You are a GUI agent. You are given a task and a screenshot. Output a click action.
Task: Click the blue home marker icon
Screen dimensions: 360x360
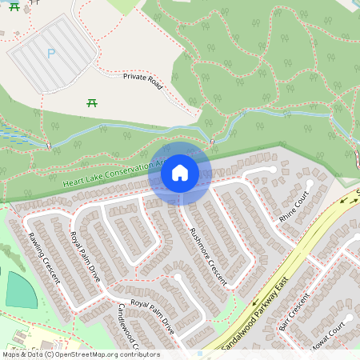[180, 172]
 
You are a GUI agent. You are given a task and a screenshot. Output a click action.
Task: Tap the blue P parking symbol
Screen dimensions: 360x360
[51, 54]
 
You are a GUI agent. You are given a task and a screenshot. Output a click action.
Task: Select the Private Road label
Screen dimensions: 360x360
[143, 81]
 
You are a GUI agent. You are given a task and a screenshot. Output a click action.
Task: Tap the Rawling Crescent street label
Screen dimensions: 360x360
[41, 256]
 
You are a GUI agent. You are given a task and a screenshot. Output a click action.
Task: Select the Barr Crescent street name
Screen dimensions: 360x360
[294, 318]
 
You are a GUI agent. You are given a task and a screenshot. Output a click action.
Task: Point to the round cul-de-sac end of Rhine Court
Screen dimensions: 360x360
[273, 170]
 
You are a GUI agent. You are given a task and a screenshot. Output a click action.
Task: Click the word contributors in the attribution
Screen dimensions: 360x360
[137, 354]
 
